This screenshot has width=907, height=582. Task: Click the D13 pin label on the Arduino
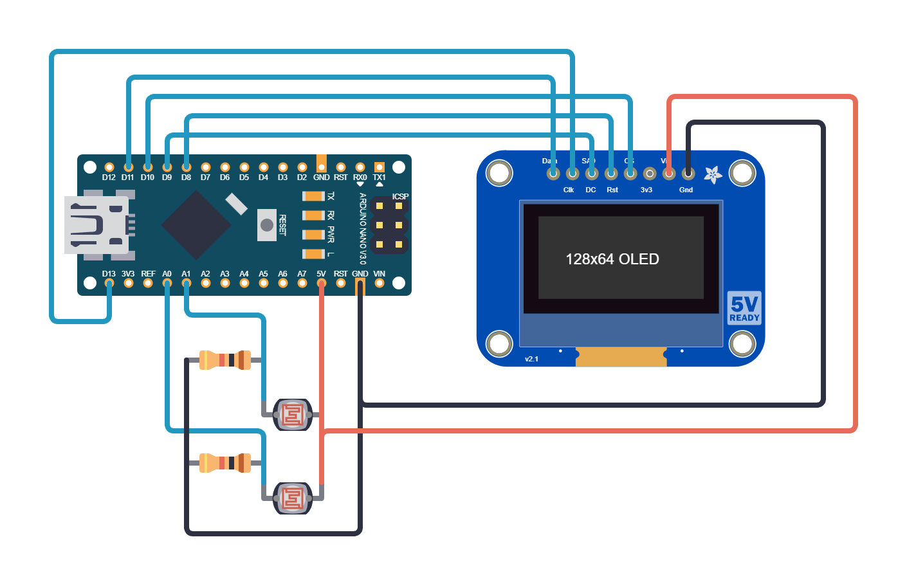(x=109, y=274)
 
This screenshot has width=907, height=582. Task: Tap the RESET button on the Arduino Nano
(x=267, y=225)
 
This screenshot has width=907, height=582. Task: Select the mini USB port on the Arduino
(x=96, y=225)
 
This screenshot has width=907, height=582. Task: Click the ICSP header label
(x=400, y=197)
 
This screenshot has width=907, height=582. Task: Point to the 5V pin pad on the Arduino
(x=322, y=284)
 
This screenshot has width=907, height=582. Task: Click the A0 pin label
(x=167, y=274)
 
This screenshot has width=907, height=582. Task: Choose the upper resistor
(x=224, y=360)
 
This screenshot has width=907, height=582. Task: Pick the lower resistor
(x=224, y=463)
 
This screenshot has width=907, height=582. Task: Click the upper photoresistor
(x=293, y=415)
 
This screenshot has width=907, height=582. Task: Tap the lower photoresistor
(x=293, y=498)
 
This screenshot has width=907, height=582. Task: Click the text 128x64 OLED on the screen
(x=612, y=259)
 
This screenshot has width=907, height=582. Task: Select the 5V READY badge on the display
(x=744, y=308)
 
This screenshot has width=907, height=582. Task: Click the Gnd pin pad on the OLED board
(x=688, y=174)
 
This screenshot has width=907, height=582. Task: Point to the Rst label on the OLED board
(x=612, y=190)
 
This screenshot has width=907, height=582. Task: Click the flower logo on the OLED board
(x=712, y=174)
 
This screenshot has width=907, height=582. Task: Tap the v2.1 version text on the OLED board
(x=531, y=359)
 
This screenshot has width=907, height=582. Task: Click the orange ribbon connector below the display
(x=621, y=357)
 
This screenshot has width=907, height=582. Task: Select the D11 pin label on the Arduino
(x=128, y=177)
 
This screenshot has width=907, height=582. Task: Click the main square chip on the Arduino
(x=196, y=225)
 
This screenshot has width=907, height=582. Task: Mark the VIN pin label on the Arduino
(x=380, y=274)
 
